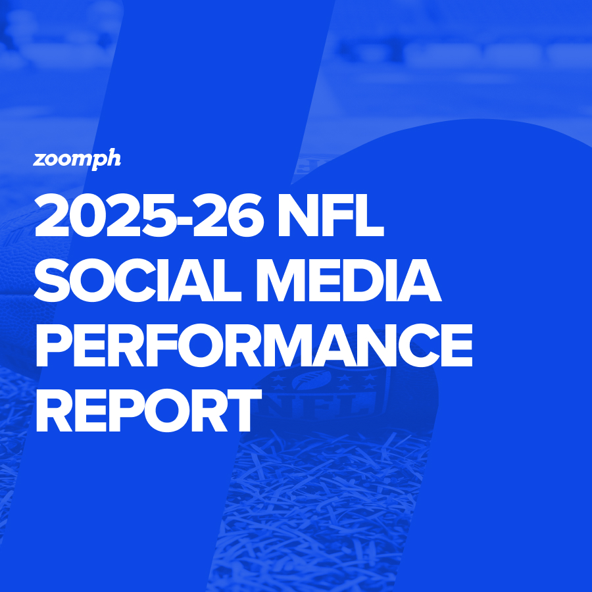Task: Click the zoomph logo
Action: click(x=77, y=159)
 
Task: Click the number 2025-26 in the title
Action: click(x=149, y=215)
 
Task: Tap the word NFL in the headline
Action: click(x=331, y=215)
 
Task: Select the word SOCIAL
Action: click(x=137, y=280)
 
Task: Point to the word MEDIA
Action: click(x=349, y=280)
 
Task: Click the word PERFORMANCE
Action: click(x=254, y=345)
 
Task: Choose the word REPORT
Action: click(x=149, y=410)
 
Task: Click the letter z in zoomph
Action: click(x=39, y=160)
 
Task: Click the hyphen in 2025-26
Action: click(x=184, y=220)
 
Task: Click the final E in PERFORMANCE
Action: click(x=457, y=345)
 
